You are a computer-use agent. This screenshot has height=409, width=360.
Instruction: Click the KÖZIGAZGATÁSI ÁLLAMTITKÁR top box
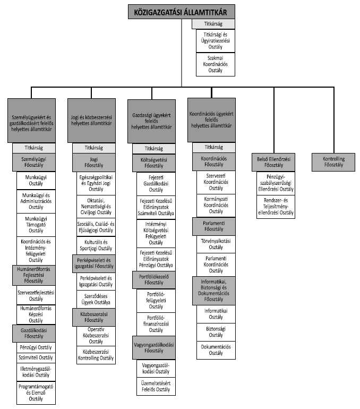click(181, 12)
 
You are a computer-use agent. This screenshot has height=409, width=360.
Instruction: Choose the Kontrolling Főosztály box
click(334, 162)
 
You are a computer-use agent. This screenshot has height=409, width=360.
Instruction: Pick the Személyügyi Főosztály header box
click(36, 161)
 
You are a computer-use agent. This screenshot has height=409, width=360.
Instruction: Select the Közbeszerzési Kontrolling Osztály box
click(96, 355)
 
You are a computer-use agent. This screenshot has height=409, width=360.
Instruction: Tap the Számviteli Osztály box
click(36, 357)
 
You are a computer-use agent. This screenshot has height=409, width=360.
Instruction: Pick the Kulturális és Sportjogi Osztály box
click(96, 245)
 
